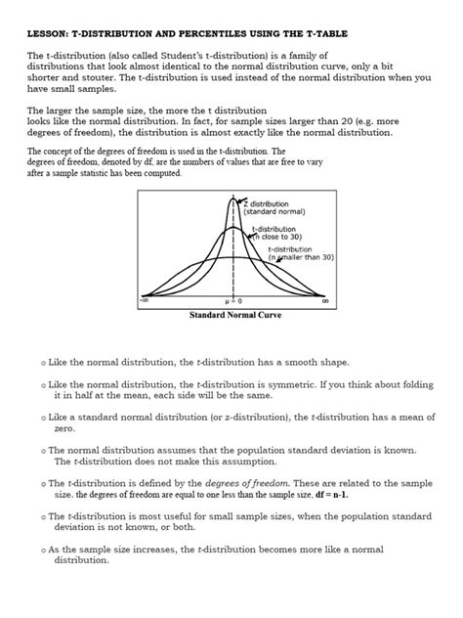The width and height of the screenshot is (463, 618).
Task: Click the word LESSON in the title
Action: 47,35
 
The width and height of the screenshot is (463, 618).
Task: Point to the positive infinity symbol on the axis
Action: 324,300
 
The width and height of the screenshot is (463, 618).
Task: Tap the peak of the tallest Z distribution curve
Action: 234,199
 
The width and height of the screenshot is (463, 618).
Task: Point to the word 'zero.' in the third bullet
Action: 64,428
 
